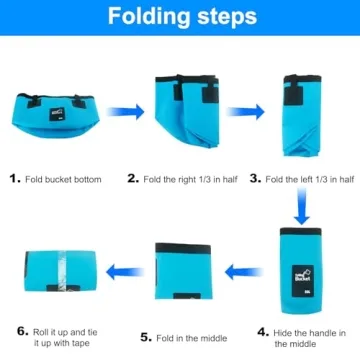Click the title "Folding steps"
coord(180,17)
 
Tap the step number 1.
coord(14,178)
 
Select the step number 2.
coord(132,178)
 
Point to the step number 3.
coord(255,178)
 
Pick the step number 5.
coord(146,337)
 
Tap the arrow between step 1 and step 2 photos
coord(122,115)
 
